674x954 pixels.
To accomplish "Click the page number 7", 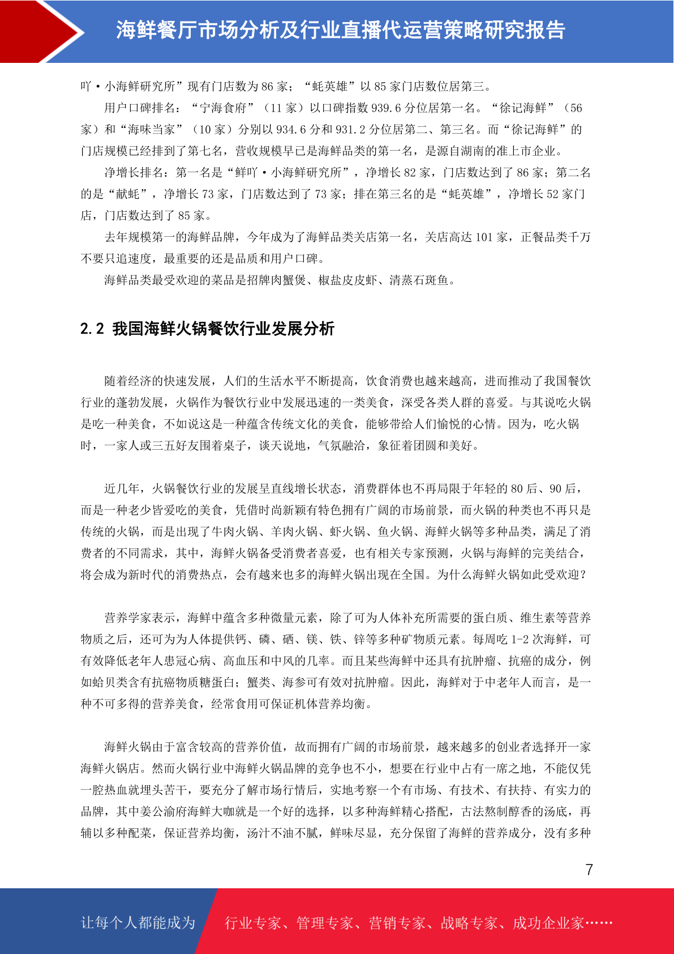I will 589,870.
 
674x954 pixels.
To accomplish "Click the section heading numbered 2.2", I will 207,329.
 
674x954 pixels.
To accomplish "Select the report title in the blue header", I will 341,30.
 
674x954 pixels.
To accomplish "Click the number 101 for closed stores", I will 484,237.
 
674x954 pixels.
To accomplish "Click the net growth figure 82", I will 410,173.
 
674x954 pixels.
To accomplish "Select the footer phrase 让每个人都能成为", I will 138,923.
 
